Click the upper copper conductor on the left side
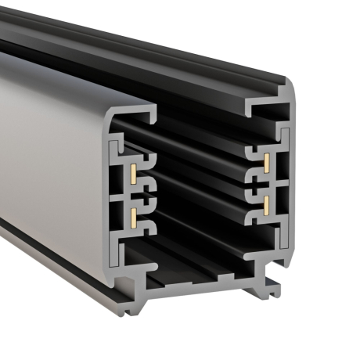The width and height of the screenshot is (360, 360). point(135,171)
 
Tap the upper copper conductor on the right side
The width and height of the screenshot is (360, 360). point(267,163)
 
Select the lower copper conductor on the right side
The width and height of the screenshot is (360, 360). point(267,205)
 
